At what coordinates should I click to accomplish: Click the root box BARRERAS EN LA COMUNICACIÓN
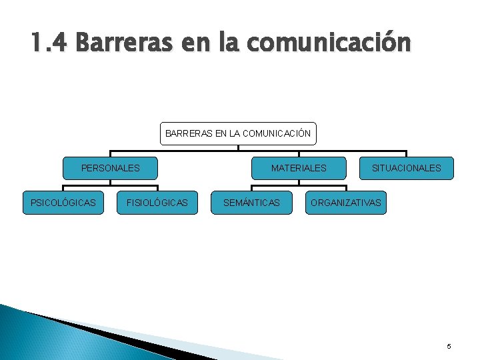click(238, 133)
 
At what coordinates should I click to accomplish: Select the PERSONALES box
click(110, 168)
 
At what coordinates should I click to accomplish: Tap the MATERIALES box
click(299, 168)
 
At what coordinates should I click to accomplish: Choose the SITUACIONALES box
click(406, 168)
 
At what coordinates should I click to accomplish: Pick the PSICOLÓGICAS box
click(63, 202)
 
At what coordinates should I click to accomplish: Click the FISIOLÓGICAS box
click(157, 202)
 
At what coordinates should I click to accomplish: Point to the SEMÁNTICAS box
click(251, 202)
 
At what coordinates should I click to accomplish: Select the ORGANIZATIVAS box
click(346, 202)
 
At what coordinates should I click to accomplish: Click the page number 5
click(449, 346)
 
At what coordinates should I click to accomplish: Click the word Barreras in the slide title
click(123, 43)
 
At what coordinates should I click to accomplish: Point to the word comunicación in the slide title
click(329, 43)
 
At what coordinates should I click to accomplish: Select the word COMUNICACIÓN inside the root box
click(277, 133)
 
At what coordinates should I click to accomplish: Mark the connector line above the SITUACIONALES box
click(406, 153)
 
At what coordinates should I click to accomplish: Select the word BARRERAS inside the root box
click(189, 133)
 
